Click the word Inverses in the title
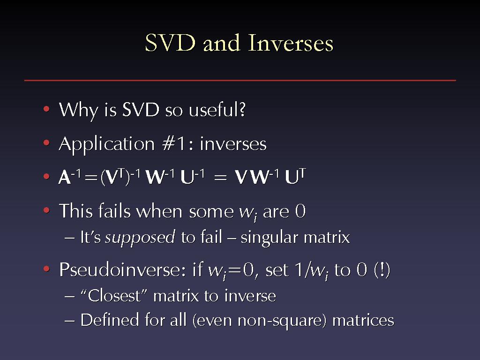[290, 43]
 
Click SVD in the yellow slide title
[170, 43]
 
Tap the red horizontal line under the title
[240, 80]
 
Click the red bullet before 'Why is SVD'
[46, 109]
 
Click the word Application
[106, 144]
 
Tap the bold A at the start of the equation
[64, 177]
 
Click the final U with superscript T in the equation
[295, 176]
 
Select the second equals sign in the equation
[220, 178]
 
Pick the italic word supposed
[140, 237]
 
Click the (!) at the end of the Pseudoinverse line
[382, 270]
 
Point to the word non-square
[282, 321]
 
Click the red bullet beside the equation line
[46, 176]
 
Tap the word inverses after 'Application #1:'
[233, 144]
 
